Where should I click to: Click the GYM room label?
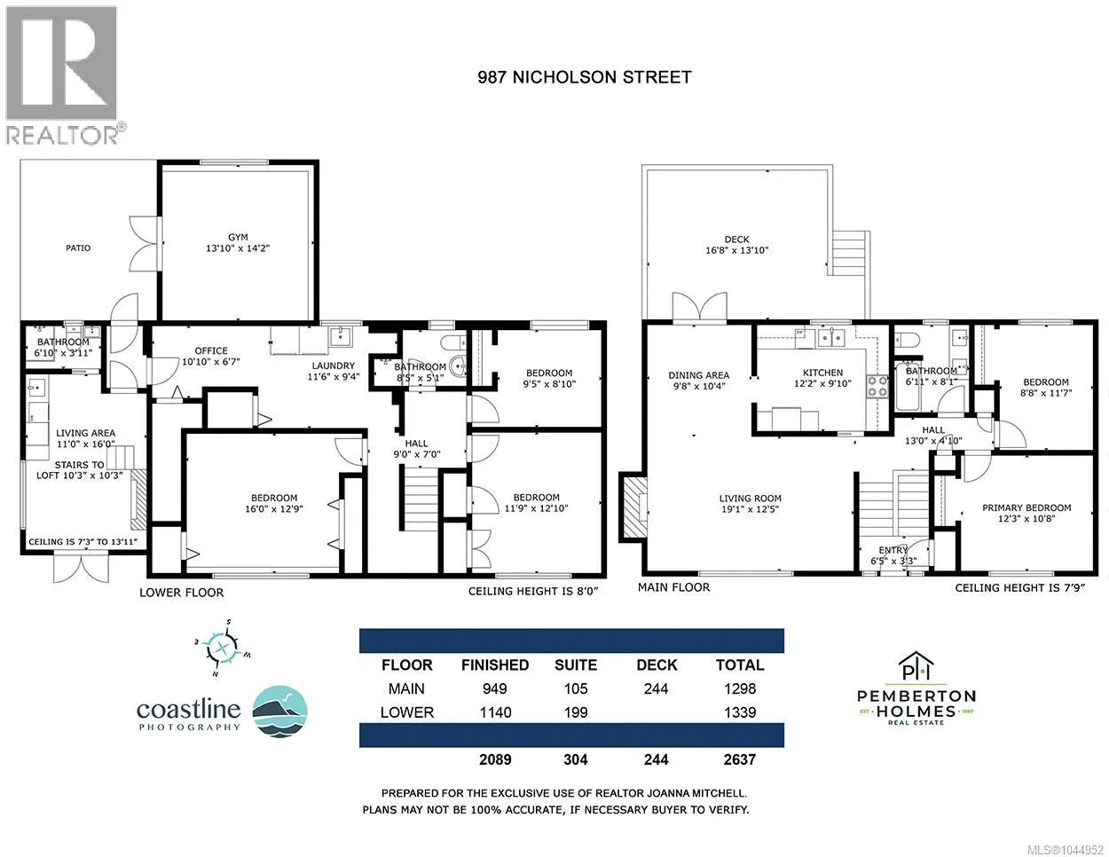238,237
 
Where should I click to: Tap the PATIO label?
78,248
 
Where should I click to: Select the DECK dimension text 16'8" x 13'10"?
736,250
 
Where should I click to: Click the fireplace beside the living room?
633,506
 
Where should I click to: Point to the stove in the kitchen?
877,386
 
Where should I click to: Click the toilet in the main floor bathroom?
907,339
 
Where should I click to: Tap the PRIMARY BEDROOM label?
1026,507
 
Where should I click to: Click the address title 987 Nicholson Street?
585,77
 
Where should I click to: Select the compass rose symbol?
223,649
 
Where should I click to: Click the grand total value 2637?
740,759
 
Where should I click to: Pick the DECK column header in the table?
657,665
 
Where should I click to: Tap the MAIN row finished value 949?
494,688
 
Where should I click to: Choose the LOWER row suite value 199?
576,712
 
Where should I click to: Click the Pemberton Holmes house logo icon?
916,667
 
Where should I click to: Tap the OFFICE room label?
211,351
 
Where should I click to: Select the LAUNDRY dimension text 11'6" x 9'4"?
334,377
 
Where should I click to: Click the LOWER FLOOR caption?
181,593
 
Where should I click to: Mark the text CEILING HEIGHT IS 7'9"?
1019,588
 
